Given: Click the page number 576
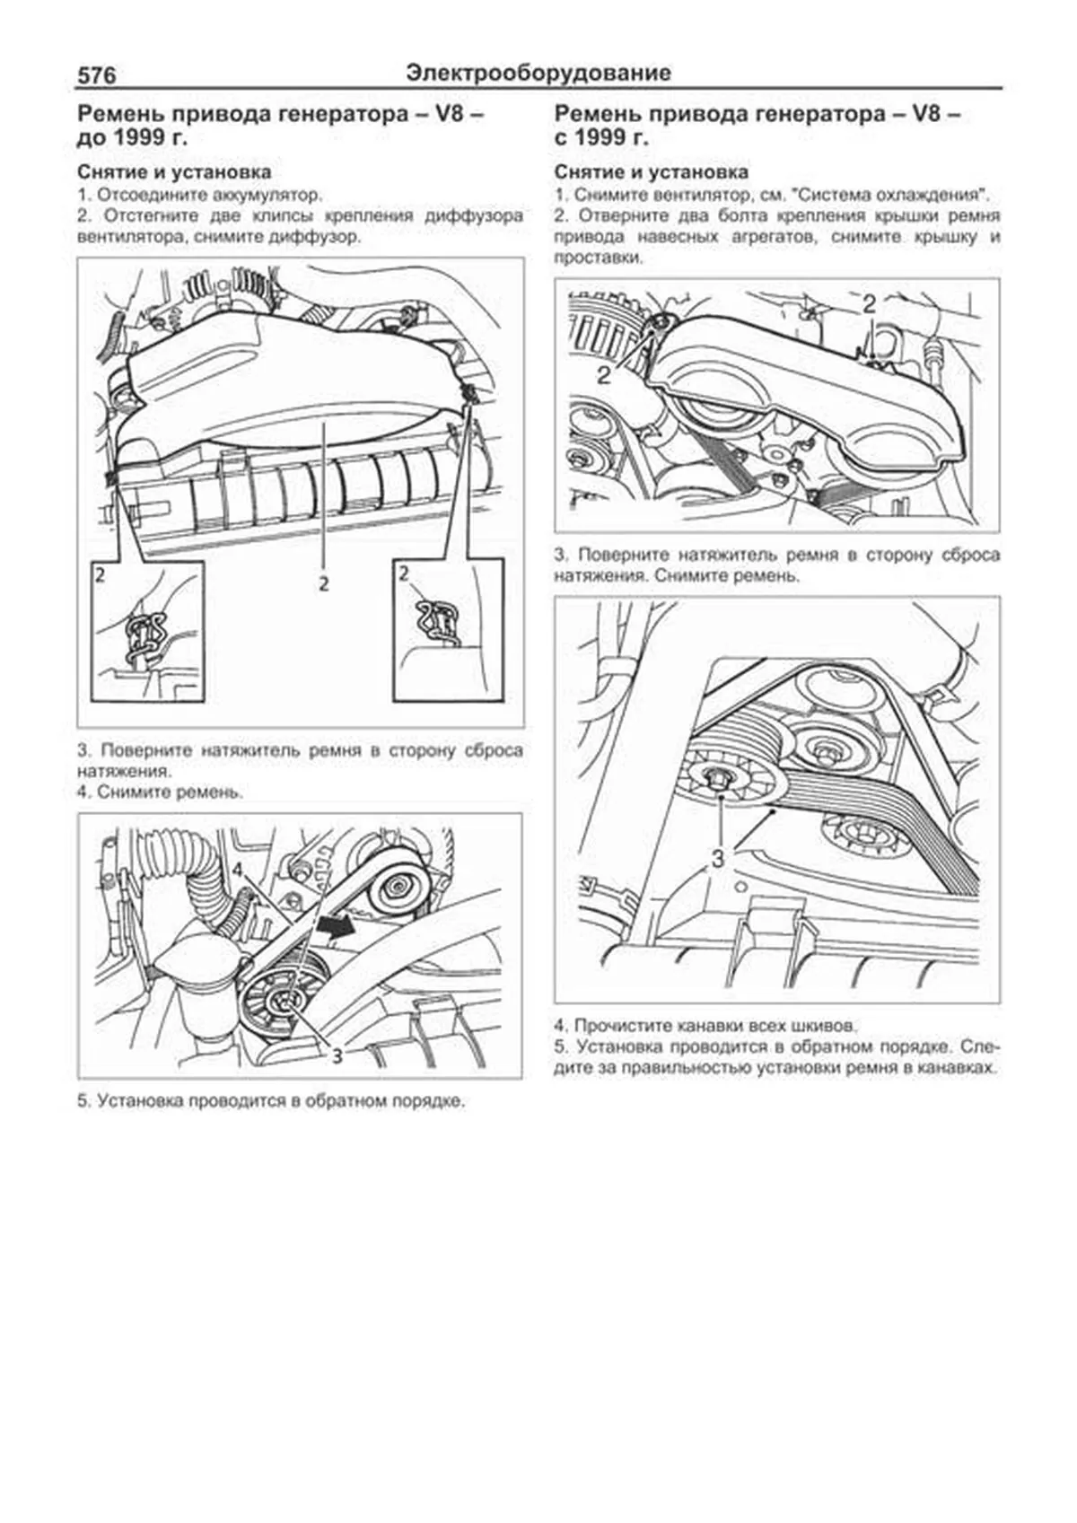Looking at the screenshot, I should [x=97, y=75].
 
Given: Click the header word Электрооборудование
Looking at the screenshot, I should [x=538, y=73].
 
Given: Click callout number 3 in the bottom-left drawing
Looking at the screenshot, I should [x=337, y=1055].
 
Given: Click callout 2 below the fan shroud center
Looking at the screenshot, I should [x=323, y=583].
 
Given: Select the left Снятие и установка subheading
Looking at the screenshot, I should [x=174, y=171].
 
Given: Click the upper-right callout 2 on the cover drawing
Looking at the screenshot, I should [x=868, y=304].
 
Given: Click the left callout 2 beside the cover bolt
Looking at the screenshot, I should [x=605, y=374].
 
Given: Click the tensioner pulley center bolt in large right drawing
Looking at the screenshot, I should [x=718, y=776].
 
